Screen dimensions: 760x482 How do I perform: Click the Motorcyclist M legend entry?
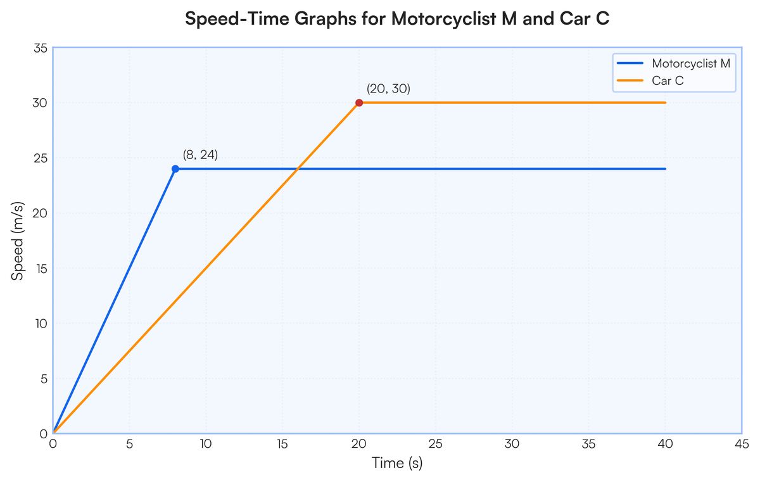click(x=674, y=63)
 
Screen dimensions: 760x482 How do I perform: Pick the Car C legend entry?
click(x=650, y=80)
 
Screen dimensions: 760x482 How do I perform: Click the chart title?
click(x=397, y=18)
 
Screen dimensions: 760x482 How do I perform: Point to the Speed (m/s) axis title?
click(x=17, y=241)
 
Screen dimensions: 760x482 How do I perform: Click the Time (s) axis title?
click(x=397, y=462)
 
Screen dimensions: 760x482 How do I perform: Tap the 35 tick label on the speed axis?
click(x=41, y=48)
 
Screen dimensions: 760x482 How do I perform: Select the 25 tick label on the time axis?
click(x=435, y=443)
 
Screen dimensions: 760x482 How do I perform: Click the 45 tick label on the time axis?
click(x=742, y=443)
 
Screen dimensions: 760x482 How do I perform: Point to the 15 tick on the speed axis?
click(x=41, y=269)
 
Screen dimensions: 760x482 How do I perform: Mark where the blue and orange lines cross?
click(x=298, y=168)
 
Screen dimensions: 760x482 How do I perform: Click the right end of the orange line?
click(x=665, y=103)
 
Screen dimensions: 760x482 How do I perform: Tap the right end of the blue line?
click(x=665, y=168)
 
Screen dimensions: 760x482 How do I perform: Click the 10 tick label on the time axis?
click(x=206, y=443)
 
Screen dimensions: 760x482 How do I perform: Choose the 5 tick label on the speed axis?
click(x=44, y=379)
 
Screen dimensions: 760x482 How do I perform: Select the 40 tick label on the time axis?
click(x=665, y=443)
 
